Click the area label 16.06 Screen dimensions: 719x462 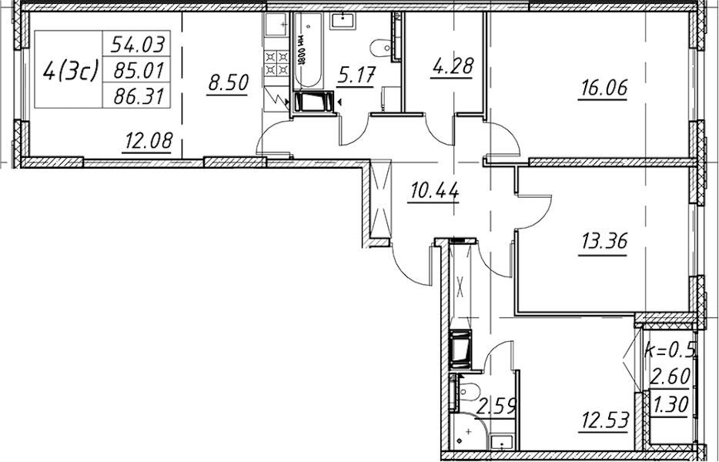[x=604, y=87]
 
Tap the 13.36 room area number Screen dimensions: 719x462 [x=604, y=241]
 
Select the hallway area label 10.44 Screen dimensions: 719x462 [x=434, y=191]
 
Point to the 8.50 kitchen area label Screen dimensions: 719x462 [x=228, y=83]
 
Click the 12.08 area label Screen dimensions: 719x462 [x=147, y=140]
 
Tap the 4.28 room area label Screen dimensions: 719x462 [x=452, y=66]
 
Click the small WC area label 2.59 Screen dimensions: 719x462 [x=497, y=406]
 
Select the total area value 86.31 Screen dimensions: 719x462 [x=138, y=96]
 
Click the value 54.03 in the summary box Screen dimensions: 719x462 [x=138, y=45]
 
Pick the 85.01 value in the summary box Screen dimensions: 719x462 [x=138, y=71]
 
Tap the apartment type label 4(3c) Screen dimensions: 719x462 [x=70, y=72]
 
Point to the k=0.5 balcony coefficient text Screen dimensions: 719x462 [x=670, y=350]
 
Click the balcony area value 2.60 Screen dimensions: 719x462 [x=671, y=377]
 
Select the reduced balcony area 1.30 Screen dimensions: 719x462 [x=671, y=405]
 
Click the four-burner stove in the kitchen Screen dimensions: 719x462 [x=277, y=63]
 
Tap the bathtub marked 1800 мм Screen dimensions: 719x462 [x=308, y=51]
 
